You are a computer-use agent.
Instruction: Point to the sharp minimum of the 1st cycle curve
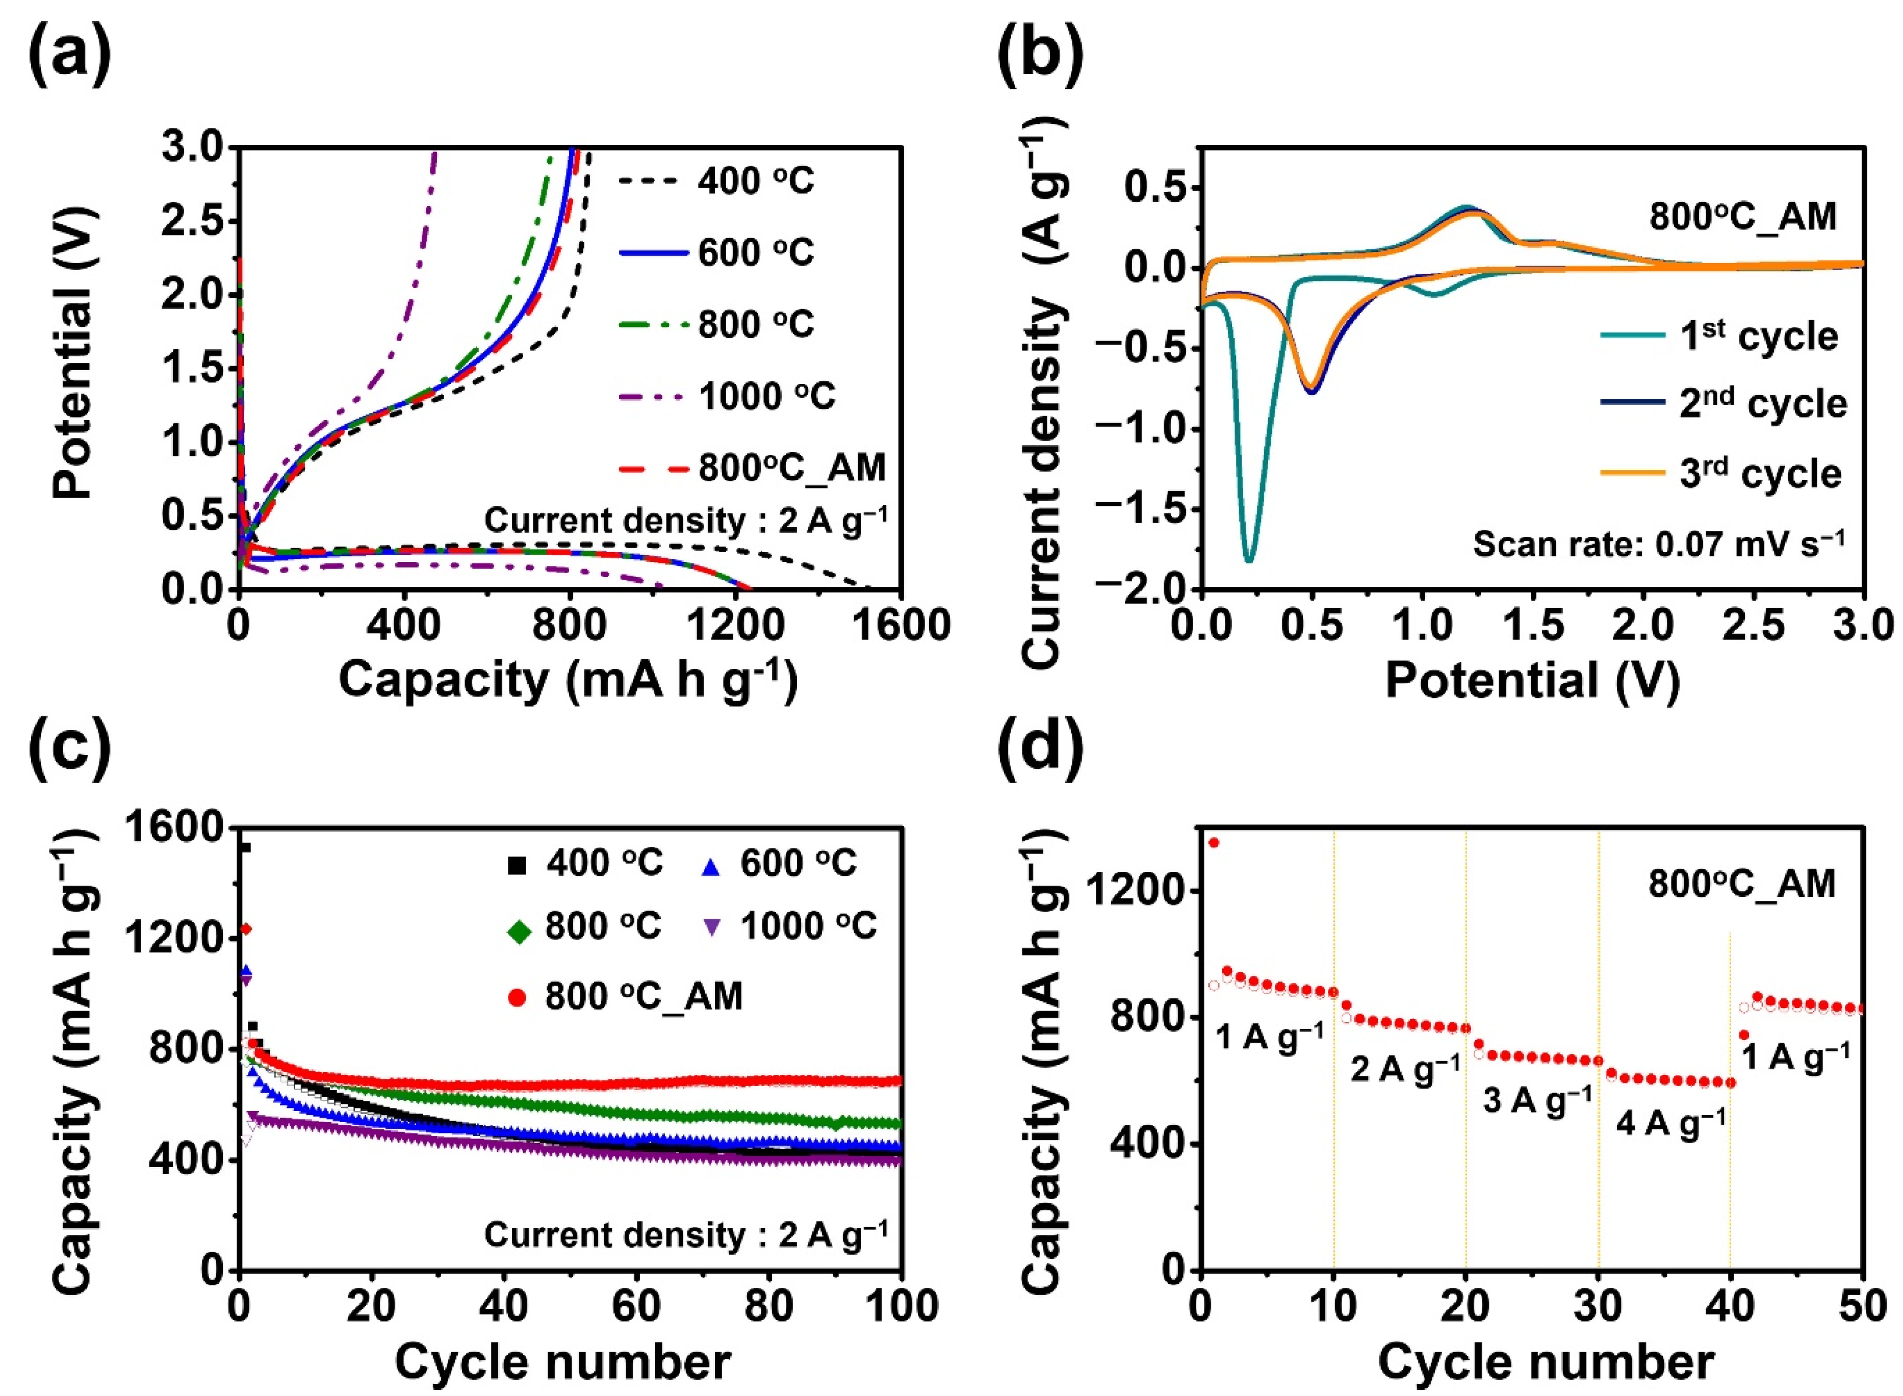1249,559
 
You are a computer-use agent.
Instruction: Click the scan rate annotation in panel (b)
1658,544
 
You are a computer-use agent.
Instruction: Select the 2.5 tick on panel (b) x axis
1754,625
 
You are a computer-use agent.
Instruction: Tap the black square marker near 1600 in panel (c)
246,847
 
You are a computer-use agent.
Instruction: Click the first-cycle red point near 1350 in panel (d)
1214,842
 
